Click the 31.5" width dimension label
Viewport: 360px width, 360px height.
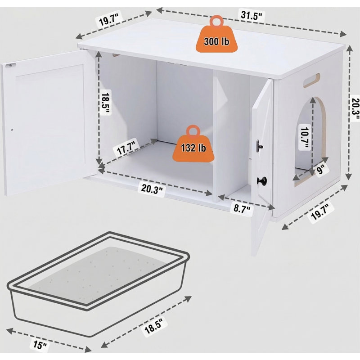251,15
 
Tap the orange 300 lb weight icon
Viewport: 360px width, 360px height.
216,34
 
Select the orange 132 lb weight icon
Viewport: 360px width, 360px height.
193,144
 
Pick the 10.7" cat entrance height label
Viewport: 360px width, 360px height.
305,137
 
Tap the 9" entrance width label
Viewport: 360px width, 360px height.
320,170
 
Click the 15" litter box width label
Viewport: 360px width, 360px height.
40,344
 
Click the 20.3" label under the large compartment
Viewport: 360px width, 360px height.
152,189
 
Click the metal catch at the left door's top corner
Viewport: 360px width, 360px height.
11,65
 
